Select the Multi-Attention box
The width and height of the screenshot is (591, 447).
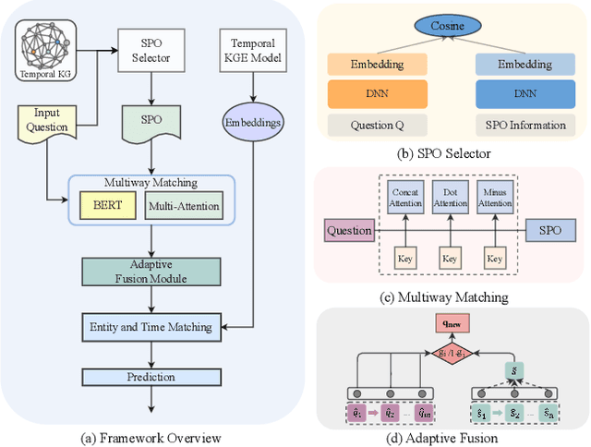pos(183,206)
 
